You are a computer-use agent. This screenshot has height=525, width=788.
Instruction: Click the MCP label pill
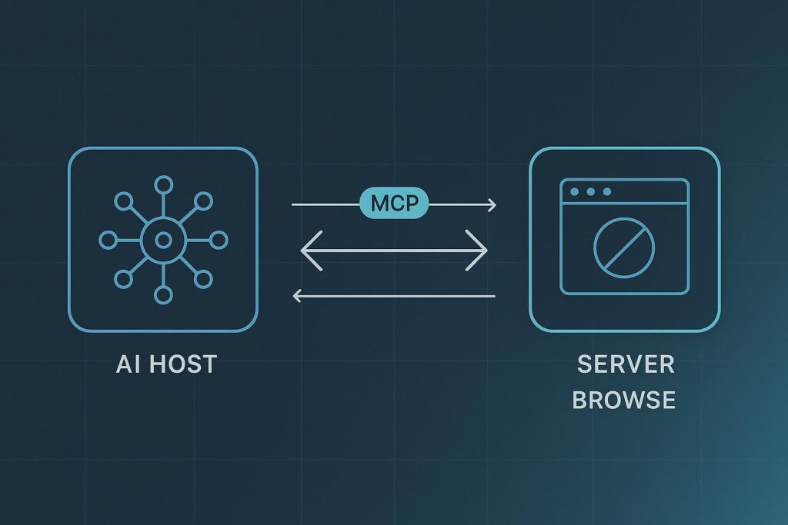[x=393, y=204]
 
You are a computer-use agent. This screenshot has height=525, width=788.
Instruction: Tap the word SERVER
[x=626, y=364]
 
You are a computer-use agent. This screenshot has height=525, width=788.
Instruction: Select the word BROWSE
[x=625, y=400]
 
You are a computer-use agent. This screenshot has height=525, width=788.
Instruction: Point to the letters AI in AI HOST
[x=129, y=364]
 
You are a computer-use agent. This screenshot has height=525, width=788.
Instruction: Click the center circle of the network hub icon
[x=162, y=241]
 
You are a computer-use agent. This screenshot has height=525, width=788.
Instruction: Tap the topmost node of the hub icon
[x=162, y=184]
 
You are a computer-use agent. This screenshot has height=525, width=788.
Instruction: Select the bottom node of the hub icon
[x=162, y=295]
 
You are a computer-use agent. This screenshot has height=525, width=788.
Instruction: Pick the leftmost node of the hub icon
[x=108, y=241]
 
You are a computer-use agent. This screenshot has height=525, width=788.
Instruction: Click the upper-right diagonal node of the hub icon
[x=202, y=201]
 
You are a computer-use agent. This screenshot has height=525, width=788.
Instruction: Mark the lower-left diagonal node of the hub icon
[x=123, y=279]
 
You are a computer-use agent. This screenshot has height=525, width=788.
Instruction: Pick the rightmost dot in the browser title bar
[x=606, y=191]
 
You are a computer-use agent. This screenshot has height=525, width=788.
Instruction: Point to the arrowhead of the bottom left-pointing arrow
[x=298, y=296]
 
